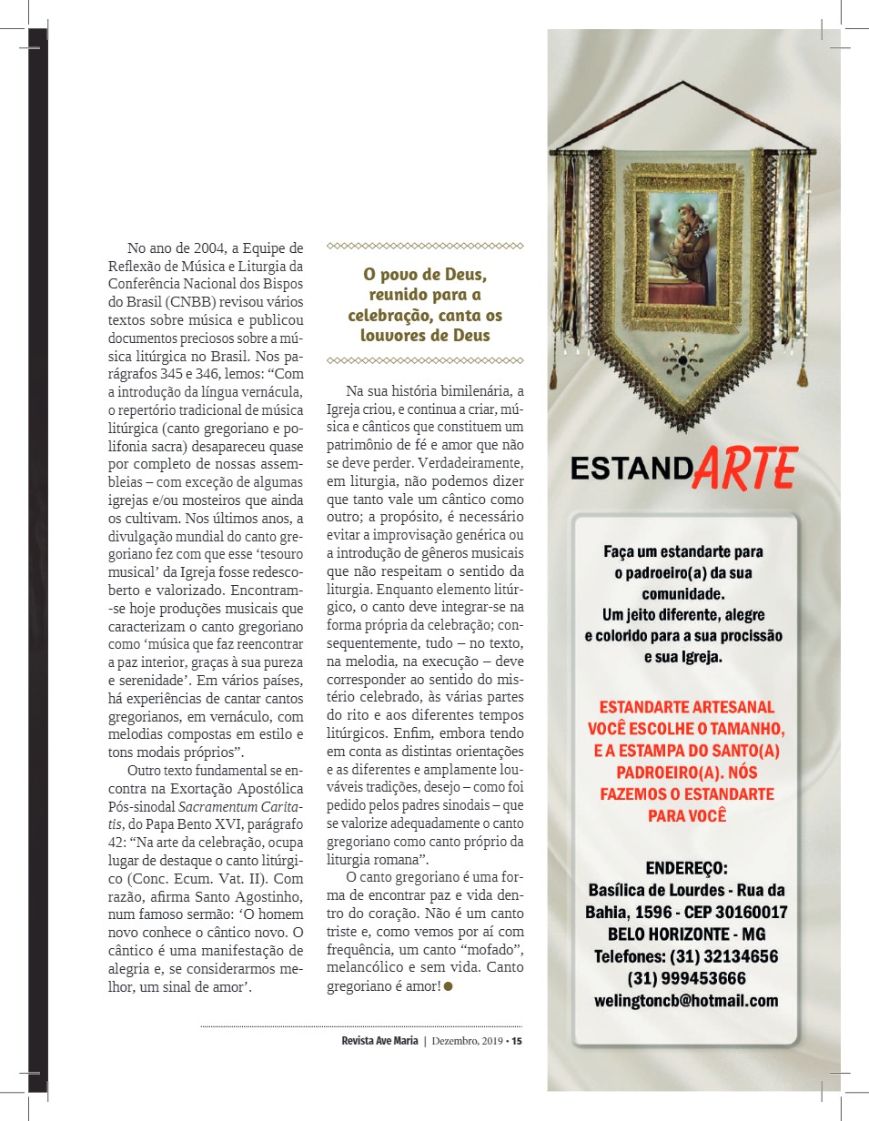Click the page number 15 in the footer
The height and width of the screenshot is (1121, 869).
[x=517, y=1042]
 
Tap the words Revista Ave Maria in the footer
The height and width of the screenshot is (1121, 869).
[x=374, y=1042]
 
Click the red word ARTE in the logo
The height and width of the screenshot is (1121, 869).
[x=746, y=468]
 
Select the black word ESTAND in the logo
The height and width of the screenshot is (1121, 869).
[x=632, y=469]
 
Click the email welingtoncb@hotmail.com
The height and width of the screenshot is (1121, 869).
[x=686, y=1000]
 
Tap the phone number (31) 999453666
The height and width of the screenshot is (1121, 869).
[x=686, y=978]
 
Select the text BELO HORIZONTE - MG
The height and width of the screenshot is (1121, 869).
[x=686, y=934]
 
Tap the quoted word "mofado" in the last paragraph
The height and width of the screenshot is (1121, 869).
[x=467, y=952]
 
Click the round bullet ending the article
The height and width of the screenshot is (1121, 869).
[x=449, y=986]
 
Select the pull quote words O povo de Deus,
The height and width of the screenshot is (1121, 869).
[x=425, y=274]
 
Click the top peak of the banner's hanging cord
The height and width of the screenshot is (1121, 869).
[x=682, y=84]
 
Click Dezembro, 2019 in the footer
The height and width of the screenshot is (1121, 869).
[x=468, y=1042]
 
